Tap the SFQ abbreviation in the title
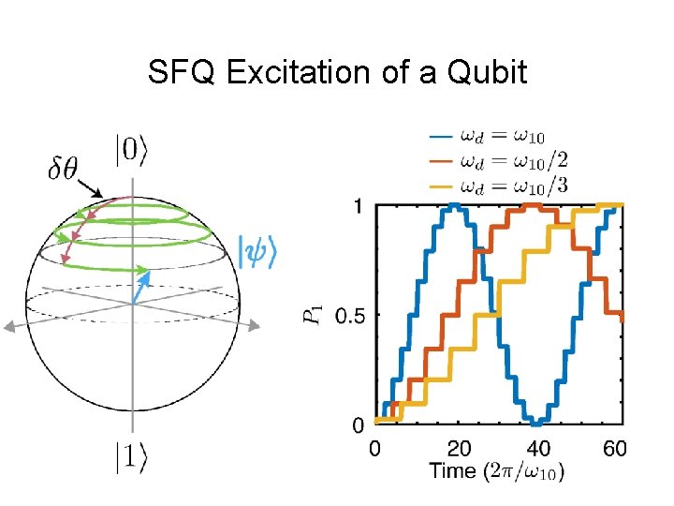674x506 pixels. tap(179, 72)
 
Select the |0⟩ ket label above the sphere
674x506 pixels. tap(130, 151)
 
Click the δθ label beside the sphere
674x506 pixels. tap(64, 170)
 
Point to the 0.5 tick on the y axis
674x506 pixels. tap(349, 316)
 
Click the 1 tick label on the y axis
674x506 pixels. tap(359, 205)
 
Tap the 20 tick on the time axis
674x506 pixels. tap(458, 448)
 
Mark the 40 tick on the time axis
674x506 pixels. tap(536, 448)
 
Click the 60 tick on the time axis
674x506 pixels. tap(615, 448)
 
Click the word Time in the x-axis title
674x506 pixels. tap(453, 470)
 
